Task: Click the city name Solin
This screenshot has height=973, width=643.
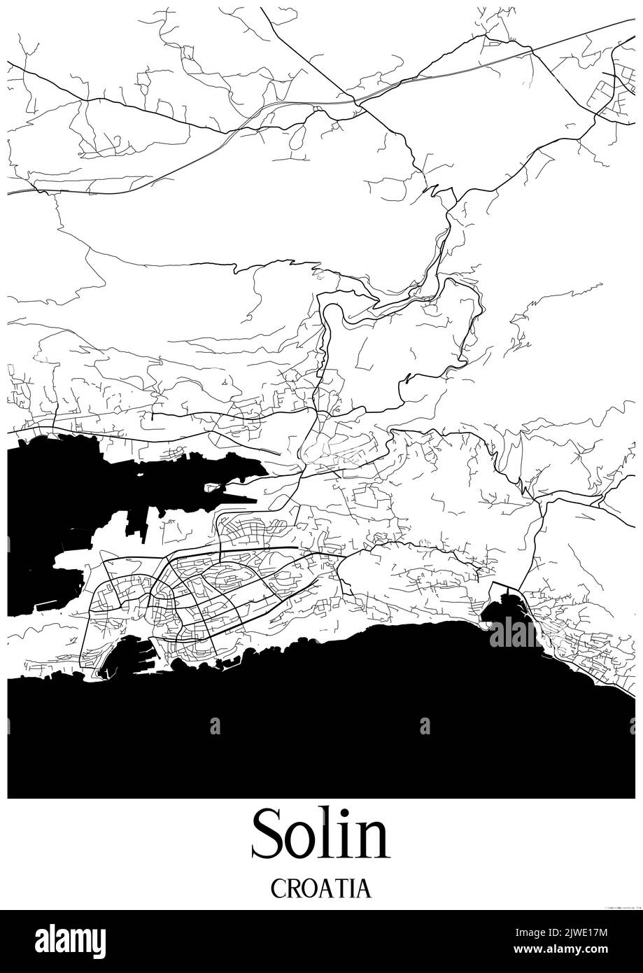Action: coord(320,834)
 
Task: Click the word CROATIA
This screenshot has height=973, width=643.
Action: coord(320,888)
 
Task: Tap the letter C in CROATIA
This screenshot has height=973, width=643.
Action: coord(277,888)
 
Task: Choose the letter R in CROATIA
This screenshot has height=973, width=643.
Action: coord(292,888)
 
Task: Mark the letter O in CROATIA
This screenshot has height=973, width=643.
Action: coord(309,888)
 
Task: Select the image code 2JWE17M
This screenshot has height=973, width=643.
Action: coord(593,932)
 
